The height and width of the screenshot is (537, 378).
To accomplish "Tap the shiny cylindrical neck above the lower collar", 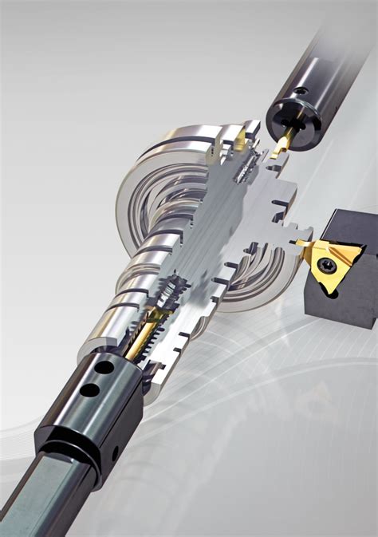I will (120, 319).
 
